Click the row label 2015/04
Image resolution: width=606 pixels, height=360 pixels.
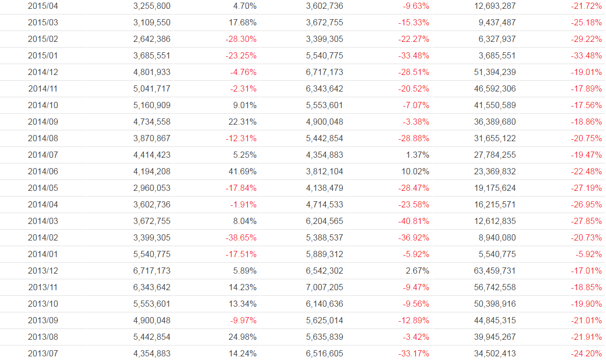pos(43,6)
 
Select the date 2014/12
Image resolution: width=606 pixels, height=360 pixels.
pos(43,72)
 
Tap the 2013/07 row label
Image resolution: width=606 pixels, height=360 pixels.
pos(43,354)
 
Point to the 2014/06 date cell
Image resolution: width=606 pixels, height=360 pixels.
pos(43,172)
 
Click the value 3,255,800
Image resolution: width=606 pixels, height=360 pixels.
pos(151,6)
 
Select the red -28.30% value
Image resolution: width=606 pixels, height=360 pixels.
pos(241,39)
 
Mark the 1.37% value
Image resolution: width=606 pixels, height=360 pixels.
pos(417,155)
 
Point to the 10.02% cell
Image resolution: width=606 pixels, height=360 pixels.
pos(415,172)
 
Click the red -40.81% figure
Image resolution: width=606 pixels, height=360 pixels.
pos(414,221)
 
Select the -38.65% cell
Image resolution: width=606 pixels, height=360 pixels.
pos(241,238)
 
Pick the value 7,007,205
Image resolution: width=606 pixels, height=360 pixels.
pos(324,288)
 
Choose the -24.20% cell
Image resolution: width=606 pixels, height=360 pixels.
pos(586,354)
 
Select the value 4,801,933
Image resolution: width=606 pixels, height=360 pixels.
pos(151,72)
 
